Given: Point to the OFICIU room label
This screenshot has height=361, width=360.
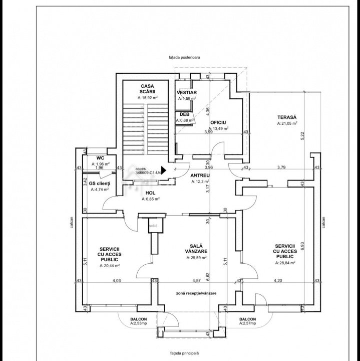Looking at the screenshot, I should click(218, 122).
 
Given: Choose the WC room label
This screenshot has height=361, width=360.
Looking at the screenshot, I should click(100, 158).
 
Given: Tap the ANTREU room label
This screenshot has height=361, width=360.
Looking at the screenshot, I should click(200, 175).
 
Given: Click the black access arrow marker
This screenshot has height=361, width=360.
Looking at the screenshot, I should click(163, 170).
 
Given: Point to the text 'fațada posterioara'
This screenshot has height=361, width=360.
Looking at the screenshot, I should click(184, 58).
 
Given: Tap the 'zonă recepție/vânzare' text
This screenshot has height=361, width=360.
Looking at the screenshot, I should click(196, 293).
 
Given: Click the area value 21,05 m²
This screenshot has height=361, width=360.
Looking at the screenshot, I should click(288, 123).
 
